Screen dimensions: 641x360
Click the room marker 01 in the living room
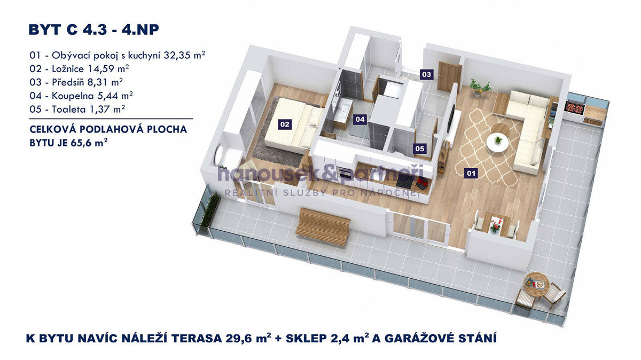click(x=471, y=173)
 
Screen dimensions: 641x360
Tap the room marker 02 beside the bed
click(x=285, y=124)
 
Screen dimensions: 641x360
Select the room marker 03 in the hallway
click(x=426, y=74)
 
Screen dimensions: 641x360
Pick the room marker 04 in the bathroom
click(x=360, y=119)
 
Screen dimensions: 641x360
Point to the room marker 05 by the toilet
click(x=420, y=148)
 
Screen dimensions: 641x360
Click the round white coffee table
click(x=498, y=141)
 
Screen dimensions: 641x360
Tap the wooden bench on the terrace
click(x=323, y=226)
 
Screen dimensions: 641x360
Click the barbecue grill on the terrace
click(x=575, y=107)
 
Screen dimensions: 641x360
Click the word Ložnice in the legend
click(x=68, y=69)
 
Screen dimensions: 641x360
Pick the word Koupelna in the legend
click(x=73, y=96)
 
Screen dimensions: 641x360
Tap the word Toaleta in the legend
click(x=69, y=109)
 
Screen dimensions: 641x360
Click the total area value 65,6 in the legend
click(x=81, y=143)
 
